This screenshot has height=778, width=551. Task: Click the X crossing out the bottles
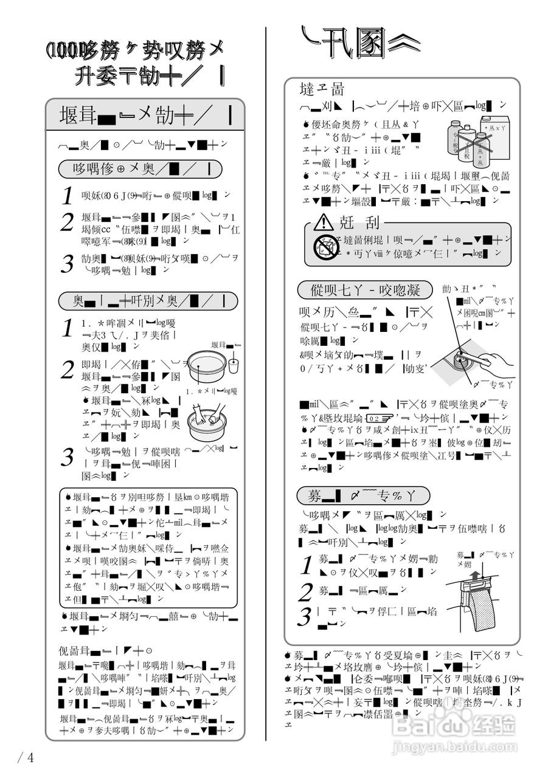[466, 146]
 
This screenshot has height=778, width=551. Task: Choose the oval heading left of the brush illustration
[366, 289]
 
